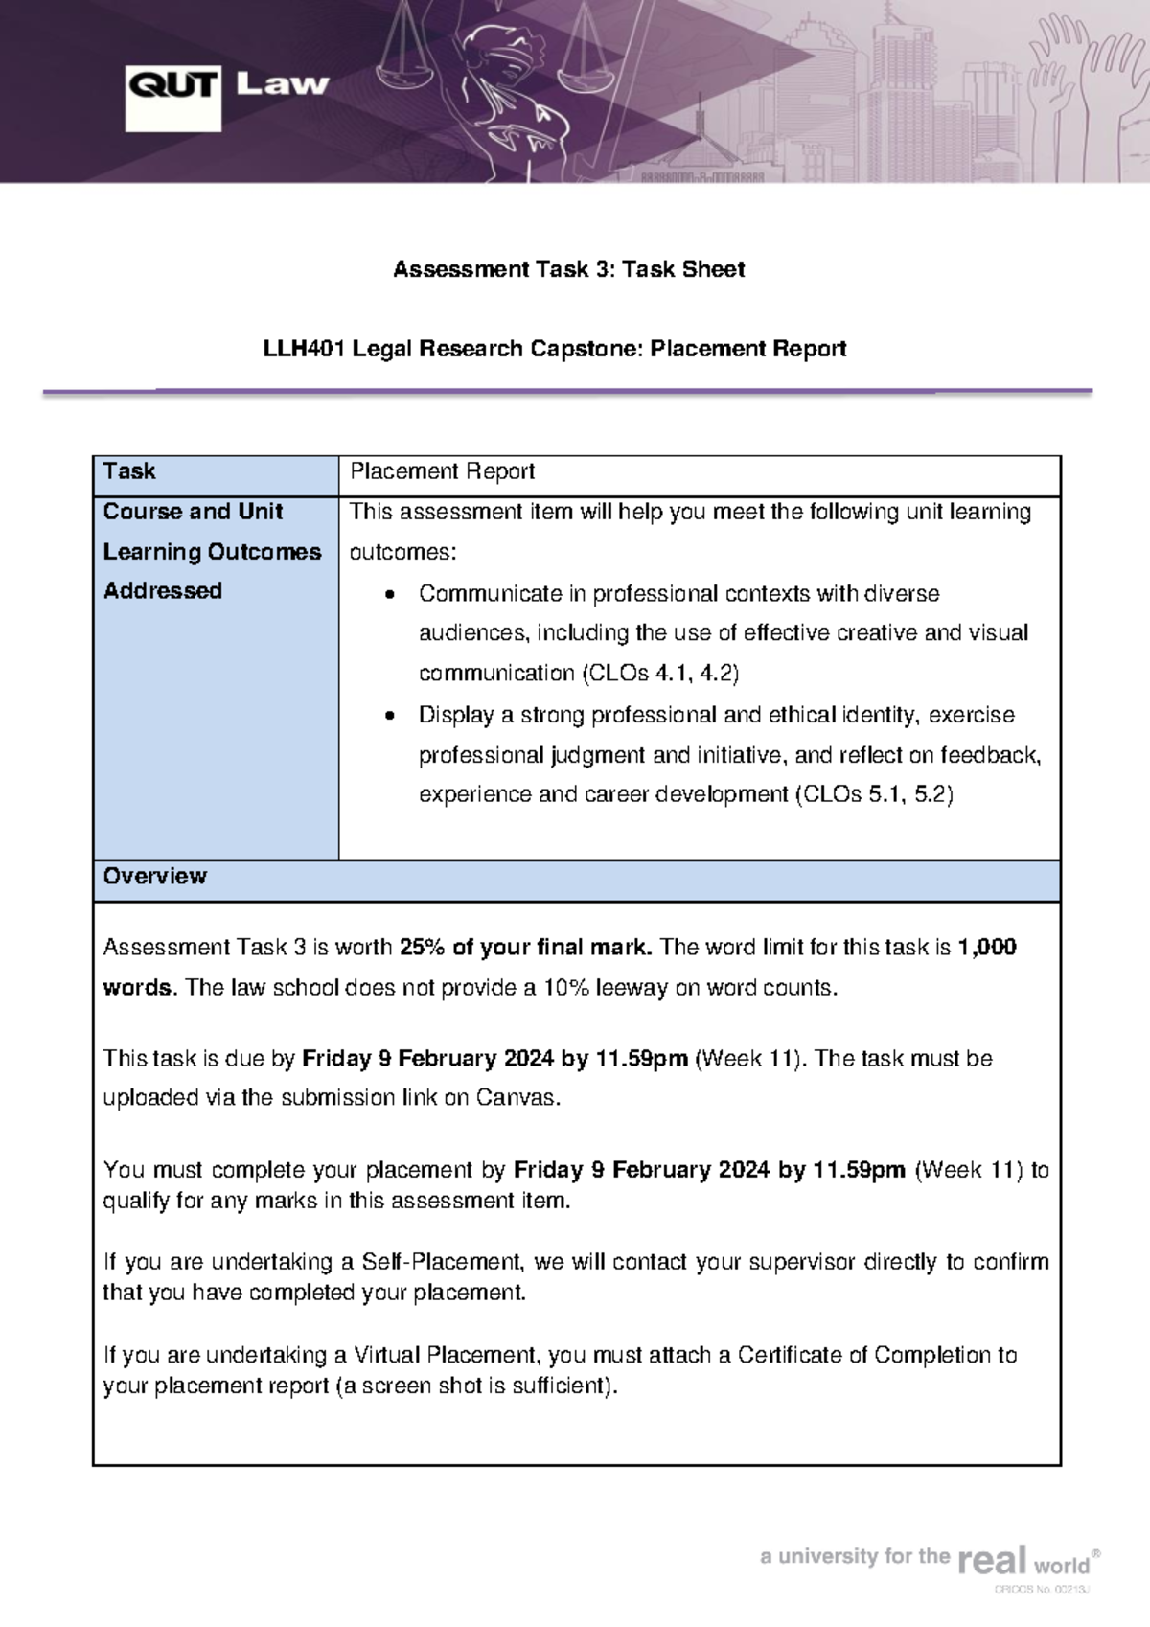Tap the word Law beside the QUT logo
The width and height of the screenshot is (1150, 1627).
coord(282,84)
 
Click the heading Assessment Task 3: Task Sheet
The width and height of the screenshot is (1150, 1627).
coord(568,269)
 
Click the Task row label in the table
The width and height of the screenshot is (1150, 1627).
coord(129,471)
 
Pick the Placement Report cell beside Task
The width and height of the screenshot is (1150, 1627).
coord(442,471)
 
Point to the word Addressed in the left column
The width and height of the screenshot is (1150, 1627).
coord(163,591)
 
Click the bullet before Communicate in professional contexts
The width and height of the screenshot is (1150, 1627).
coord(389,595)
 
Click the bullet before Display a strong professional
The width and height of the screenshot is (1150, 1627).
coord(389,716)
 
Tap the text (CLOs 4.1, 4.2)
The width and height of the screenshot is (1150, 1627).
coord(660,674)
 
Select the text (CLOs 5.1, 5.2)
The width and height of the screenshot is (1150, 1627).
coord(874,794)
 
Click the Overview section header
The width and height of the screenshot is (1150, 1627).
coord(155,877)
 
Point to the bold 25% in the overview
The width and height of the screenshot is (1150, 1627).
coord(422,948)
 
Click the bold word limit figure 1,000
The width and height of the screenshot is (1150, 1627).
coord(986,948)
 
